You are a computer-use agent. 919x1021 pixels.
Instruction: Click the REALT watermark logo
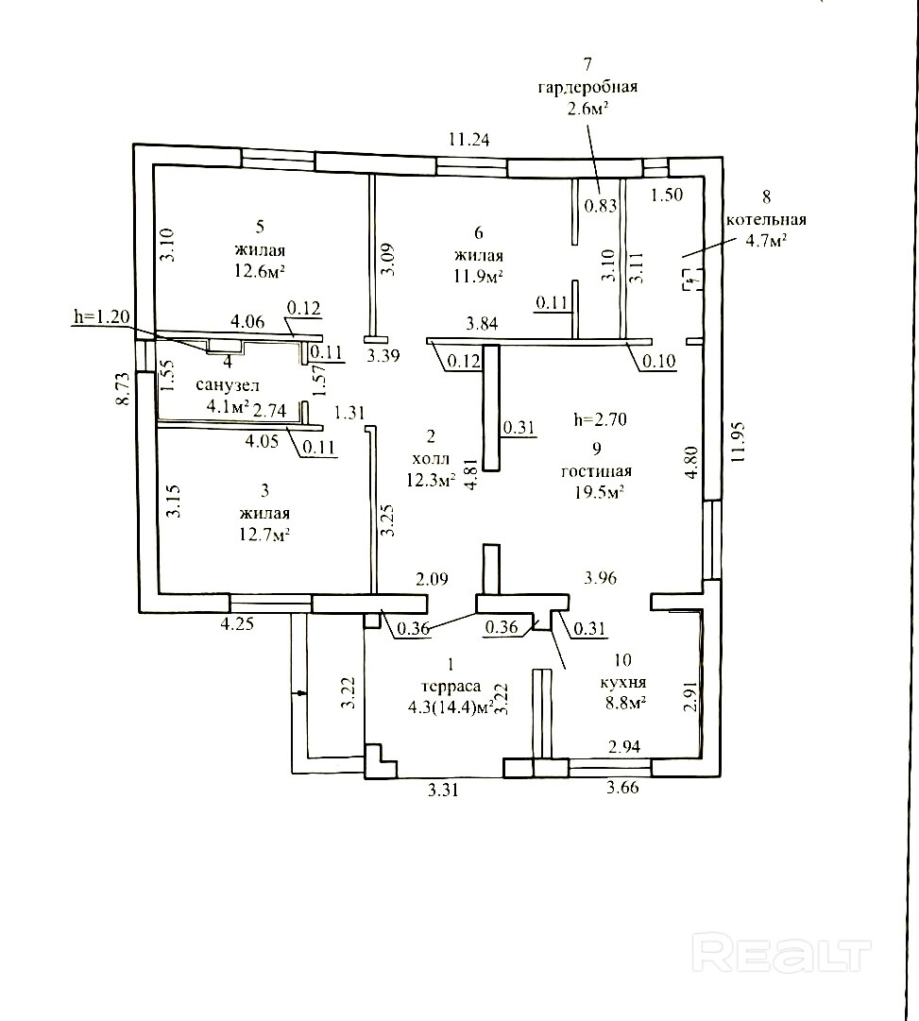pyautogui.click(x=780, y=953)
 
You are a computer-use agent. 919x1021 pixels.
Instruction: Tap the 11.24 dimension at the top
pyautogui.click(x=470, y=139)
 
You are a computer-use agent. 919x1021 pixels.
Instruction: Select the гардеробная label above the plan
pyautogui.click(x=587, y=87)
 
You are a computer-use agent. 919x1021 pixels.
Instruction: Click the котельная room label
pyautogui.click(x=766, y=220)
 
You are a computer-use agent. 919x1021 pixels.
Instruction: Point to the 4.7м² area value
pyautogui.click(x=766, y=241)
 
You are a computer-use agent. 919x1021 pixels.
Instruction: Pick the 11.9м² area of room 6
pyautogui.click(x=478, y=277)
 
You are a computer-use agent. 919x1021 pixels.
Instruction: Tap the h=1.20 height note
pyautogui.click(x=99, y=316)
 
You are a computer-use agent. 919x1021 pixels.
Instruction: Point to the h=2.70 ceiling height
pyautogui.click(x=600, y=418)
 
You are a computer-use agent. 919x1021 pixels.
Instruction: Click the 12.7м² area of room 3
pyautogui.click(x=264, y=535)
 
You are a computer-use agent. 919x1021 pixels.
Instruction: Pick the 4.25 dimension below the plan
pyautogui.click(x=239, y=623)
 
